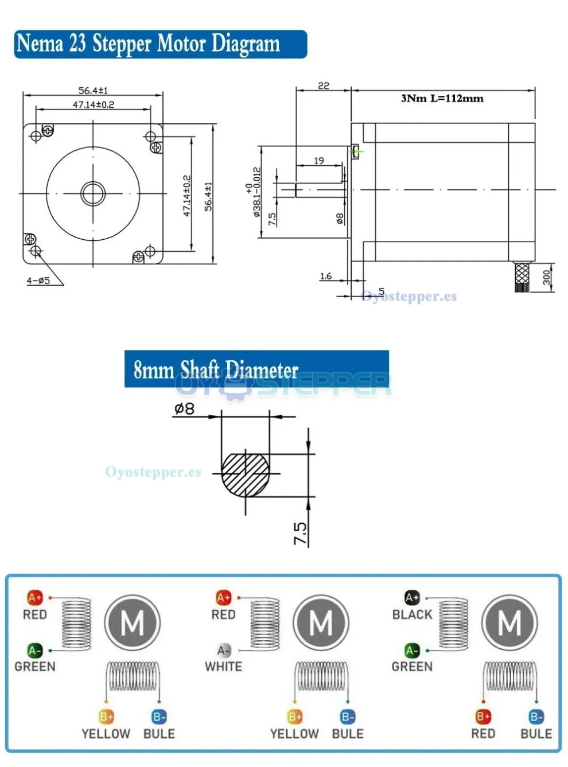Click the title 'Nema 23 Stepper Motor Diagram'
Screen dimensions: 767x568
pos(148,44)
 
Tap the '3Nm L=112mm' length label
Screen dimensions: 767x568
pos(442,99)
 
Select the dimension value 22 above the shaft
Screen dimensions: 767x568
pos(324,85)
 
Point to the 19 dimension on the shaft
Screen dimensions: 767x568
pos(319,161)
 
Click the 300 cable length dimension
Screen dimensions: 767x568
pos(546,278)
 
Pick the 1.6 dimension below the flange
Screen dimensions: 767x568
pos(326,276)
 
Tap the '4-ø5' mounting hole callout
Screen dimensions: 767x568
pos(38,281)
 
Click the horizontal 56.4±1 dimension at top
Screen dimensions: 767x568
pos(93,91)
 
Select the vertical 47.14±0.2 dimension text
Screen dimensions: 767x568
pos(186,196)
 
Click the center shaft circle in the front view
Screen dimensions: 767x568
pos(93,193)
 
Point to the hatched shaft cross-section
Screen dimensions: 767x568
pos(246,474)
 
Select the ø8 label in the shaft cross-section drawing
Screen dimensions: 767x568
pos(184,408)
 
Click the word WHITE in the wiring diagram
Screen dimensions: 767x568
pos(223,667)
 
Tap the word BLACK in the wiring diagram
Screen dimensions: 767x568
pos(412,614)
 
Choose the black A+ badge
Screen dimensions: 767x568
pos(412,598)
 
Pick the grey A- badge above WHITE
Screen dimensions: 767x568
pos(223,651)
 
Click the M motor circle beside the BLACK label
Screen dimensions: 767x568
pos(509,623)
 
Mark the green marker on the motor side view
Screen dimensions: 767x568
pos(357,151)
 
